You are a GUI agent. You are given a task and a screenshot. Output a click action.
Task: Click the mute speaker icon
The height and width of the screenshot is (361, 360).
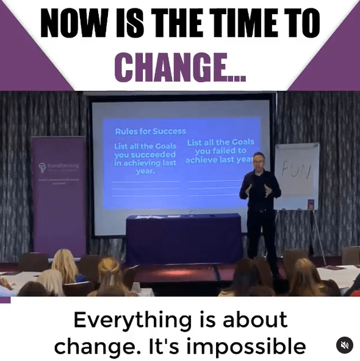pyautogui.click(x=345, y=345)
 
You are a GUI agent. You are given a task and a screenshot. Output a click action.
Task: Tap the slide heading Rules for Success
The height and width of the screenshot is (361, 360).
pyautogui.click(x=150, y=131)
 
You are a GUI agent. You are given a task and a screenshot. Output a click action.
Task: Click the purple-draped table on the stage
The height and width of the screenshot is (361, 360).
pyautogui.click(x=184, y=238)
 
